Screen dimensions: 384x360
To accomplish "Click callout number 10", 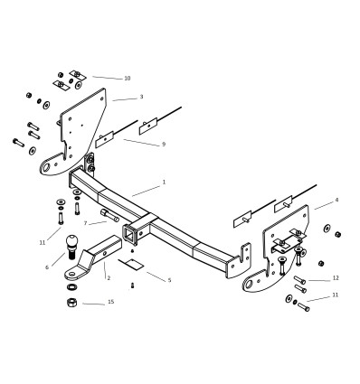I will point(128,79).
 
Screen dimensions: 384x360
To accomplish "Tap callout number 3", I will point(141,97).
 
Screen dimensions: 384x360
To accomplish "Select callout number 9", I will point(164,145).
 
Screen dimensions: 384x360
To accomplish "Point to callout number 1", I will point(164,183).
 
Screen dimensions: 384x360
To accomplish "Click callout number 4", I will point(336,200).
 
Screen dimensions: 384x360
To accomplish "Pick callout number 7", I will point(85,223).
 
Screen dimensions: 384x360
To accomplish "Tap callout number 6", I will point(47,267).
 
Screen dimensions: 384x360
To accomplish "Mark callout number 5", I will point(169,281).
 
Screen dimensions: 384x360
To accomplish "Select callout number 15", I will point(111,302).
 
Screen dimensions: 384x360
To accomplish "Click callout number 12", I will point(336,278).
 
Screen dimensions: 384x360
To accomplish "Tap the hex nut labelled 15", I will point(71,302).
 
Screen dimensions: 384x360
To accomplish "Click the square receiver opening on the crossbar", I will point(135,233).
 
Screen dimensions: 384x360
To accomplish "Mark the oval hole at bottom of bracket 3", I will point(49,166).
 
